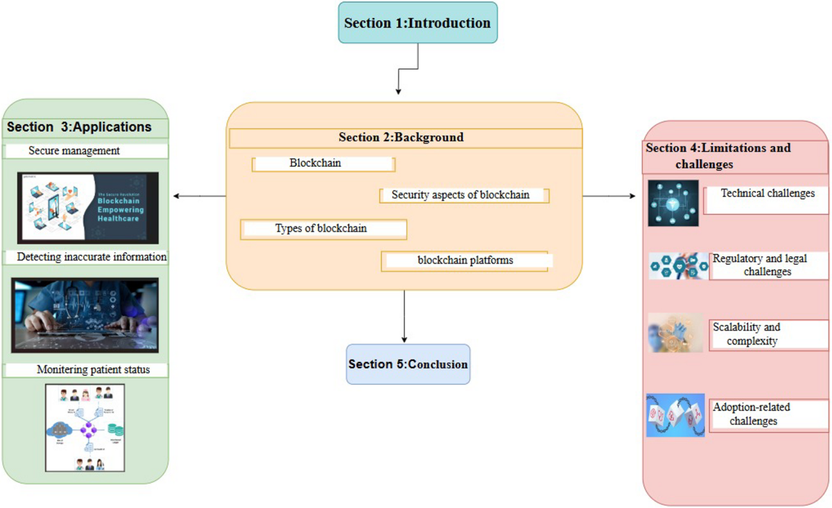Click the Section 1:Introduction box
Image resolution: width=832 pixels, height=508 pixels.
pos(417,23)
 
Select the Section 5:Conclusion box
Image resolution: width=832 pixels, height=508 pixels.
pos(408,364)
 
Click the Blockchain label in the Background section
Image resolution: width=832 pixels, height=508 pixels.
pos(323,164)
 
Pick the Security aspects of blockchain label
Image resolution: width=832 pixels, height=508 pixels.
pos(464,195)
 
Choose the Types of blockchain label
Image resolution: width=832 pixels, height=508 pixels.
pos(322,229)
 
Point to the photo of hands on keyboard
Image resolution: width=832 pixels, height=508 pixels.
pos(85,315)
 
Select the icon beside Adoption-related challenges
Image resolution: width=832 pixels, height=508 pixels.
pos(675,415)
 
